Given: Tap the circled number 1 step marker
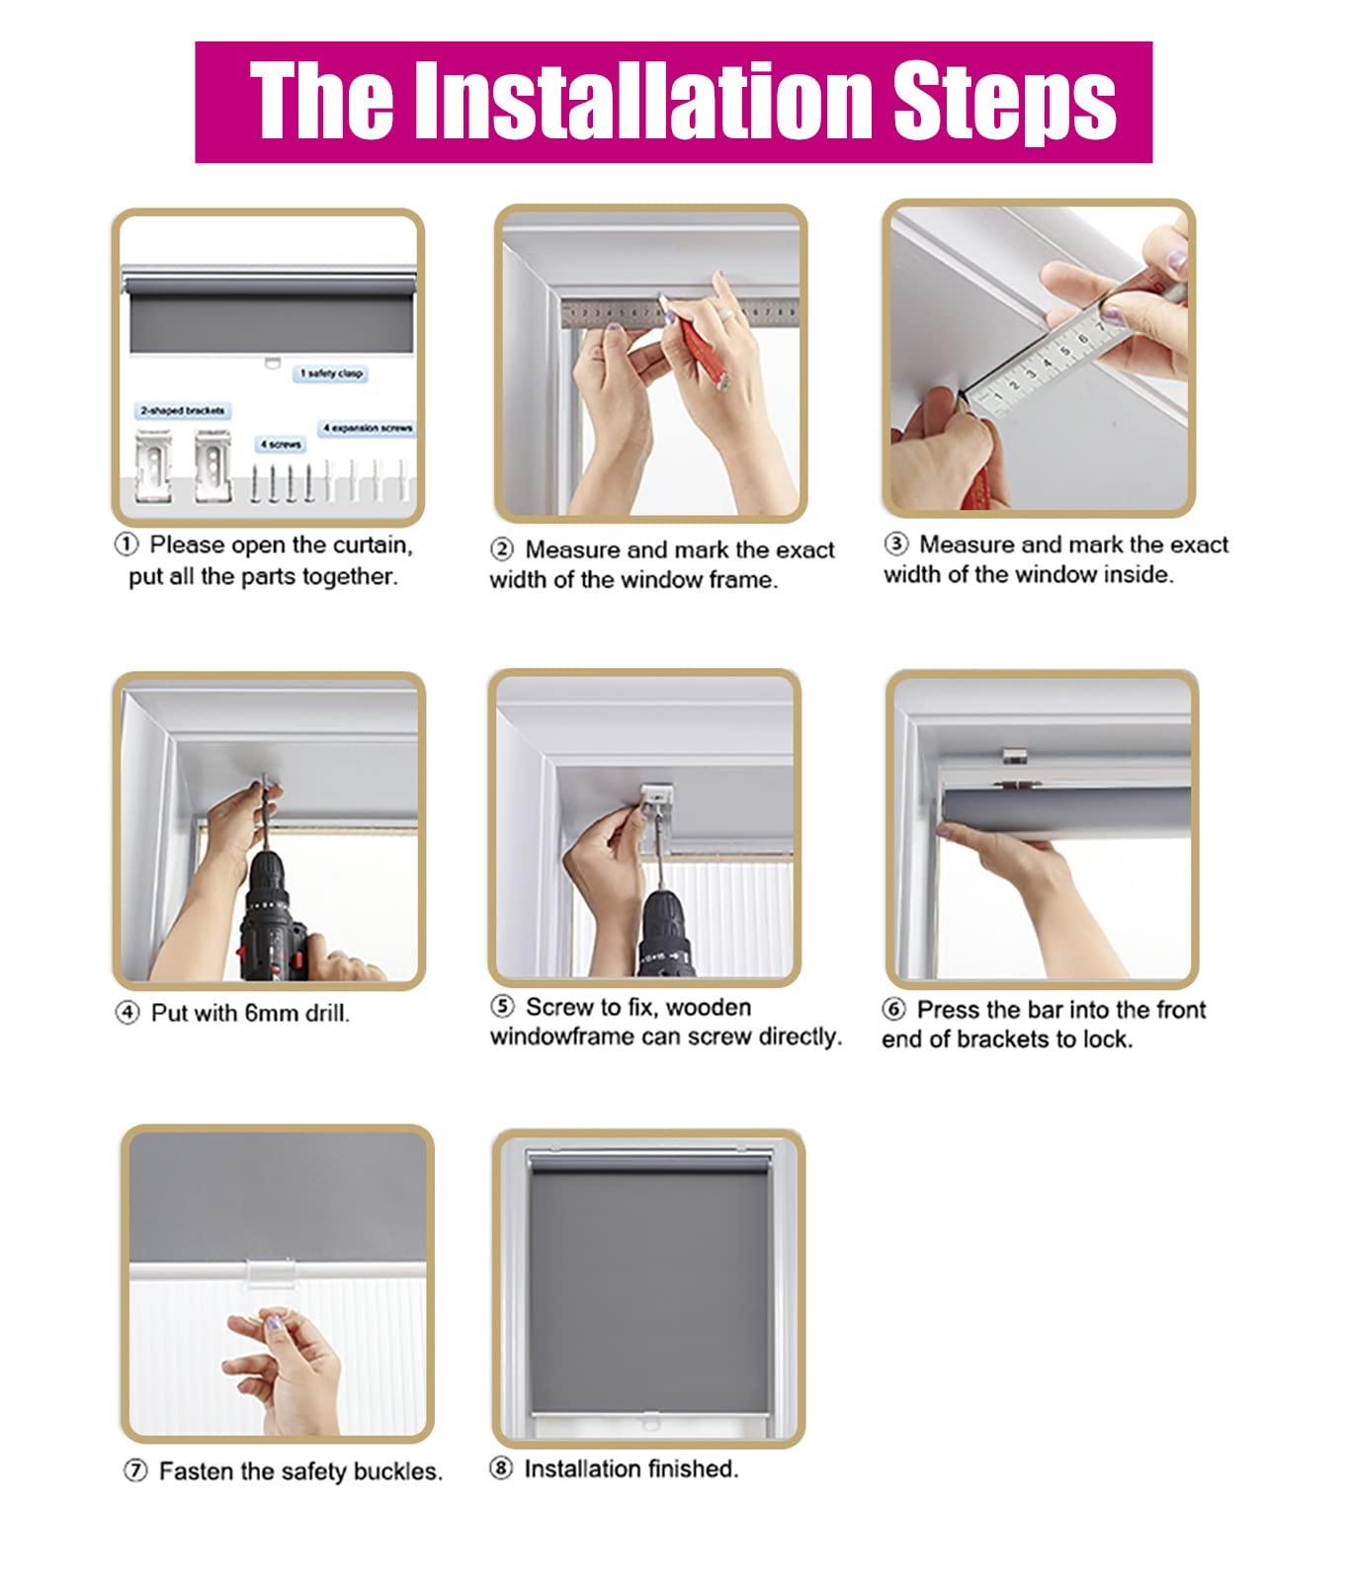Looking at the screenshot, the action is [x=126, y=545].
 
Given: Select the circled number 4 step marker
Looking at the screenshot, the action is [x=127, y=1013].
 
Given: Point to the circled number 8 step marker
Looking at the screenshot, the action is [x=501, y=1468].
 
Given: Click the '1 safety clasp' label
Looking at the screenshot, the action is [x=332, y=374].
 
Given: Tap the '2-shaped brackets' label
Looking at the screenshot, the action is [x=183, y=410].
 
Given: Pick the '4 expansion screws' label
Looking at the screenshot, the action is [x=367, y=428].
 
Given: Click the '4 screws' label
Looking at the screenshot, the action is [x=281, y=445].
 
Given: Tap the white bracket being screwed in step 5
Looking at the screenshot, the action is [x=658, y=799].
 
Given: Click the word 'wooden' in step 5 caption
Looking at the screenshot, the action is [x=710, y=1007].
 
